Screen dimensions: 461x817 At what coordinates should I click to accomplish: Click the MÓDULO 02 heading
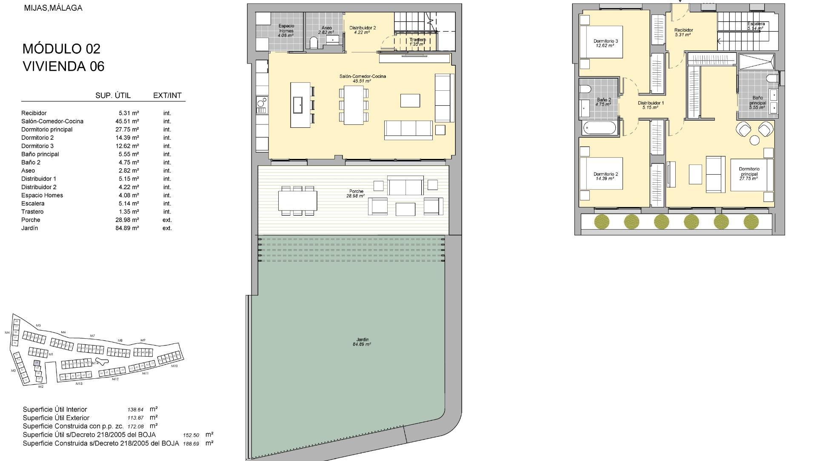(62, 49)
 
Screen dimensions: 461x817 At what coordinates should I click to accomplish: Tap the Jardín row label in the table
(29, 228)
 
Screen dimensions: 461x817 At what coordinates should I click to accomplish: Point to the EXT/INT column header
(167, 95)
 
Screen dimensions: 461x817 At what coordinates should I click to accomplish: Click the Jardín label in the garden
(362, 340)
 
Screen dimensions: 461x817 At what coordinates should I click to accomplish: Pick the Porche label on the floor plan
(356, 191)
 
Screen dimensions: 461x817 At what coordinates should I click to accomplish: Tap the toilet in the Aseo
(314, 43)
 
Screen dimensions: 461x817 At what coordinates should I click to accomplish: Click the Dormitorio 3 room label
(606, 41)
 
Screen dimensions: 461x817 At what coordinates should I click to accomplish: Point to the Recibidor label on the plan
(683, 30)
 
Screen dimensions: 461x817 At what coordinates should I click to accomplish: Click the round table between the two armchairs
(754, 140)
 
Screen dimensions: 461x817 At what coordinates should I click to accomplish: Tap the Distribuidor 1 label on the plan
(651, 103)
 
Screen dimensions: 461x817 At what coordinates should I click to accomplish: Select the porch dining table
(297, 200)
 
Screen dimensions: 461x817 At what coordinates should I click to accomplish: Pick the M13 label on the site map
(79, 384)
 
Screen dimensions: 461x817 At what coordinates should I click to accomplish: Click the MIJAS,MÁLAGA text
(53, 8)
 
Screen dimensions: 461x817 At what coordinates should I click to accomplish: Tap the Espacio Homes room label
(286, 29)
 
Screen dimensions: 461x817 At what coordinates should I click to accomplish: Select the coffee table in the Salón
(410, 101)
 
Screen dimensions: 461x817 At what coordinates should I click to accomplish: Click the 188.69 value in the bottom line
(191, 444)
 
